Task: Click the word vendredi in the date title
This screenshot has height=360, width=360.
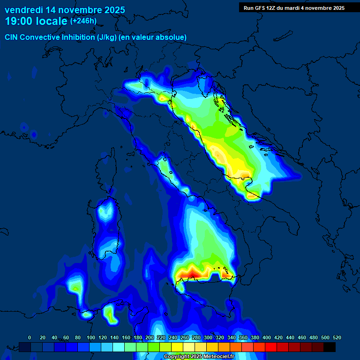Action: coord(22,9)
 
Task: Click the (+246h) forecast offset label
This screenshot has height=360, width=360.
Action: coord(83,21)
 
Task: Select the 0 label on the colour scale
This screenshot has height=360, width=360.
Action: coord(30,337)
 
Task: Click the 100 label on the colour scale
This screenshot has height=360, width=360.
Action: coord(91,337)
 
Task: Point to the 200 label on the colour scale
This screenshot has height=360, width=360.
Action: coord(150,337)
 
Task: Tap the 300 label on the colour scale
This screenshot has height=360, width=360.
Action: coord(208,337)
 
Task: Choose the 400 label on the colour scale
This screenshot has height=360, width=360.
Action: coord(267,337)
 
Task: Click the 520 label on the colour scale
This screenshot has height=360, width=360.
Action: coord(337,337)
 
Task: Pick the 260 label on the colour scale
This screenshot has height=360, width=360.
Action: coord(185,337)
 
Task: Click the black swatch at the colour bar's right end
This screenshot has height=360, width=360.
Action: coord(330,347)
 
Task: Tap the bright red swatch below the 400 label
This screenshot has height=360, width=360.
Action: coord(271,347)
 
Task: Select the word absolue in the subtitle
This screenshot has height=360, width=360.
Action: coord(172,37)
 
